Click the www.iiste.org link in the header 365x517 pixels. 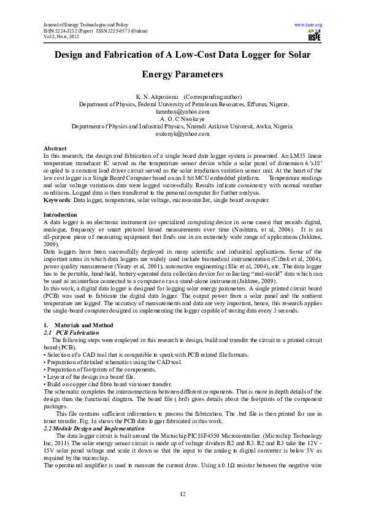click(309, 25)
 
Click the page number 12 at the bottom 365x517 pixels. click(182, 495)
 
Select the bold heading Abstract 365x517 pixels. click(55, 149)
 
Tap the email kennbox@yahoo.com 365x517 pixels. click(182, 112)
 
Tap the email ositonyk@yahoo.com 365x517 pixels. click(182, 133)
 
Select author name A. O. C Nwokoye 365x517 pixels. click(182, 119)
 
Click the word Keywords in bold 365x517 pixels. click(57, 200)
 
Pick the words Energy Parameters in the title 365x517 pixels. click(182, 75)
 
